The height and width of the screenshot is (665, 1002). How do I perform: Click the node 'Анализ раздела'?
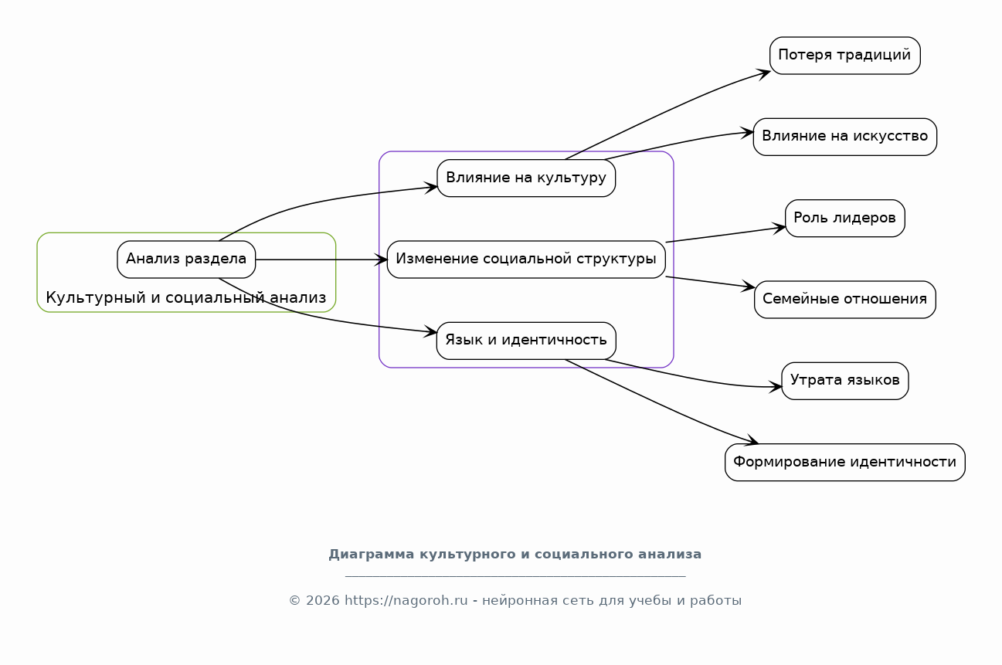pyautogui.click(x=186, y=260)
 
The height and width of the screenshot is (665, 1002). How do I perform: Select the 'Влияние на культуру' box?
pyautogui.click(x=526, y=178)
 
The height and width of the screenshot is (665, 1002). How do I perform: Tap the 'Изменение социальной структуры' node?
pyautogui.click(x=526, y=260)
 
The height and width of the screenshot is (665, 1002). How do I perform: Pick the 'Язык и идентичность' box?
pyautogui.click(x=526, y=341)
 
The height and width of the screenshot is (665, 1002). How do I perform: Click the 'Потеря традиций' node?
pyautogui.click(x=845, y=56)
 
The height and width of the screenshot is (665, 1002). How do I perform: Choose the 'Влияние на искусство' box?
pyautogui.click(x=845, y=137)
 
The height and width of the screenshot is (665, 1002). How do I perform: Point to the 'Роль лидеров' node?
pyautogui.click(x=845, y=219)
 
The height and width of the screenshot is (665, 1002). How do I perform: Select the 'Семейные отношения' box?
pyautogui.click(x=845, y=300)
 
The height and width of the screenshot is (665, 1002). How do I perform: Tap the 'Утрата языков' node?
pyautogui.click(x=845, y=381)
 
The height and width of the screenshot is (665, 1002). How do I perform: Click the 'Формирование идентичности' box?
pyautogui.click(x=845, y=463)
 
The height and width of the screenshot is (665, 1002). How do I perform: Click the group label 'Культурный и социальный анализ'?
pyautogui.click(x=186, y=297)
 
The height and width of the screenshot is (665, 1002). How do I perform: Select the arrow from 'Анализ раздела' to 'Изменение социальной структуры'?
pyautogui.click(x=321, y=260)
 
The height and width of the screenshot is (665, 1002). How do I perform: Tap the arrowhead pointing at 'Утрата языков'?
pyautogui.click(x=776, y=387)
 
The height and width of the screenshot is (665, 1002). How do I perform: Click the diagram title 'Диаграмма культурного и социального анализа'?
pyautogui.click(x=515, y=555)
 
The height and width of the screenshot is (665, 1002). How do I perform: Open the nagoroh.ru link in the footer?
pyautogui.click(x=406, y=600)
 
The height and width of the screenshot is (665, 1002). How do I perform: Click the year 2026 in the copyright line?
pyautogui.click(x=322, y=600)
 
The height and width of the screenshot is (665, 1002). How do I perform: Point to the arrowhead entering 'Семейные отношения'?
pyautogui.click(x=749, y=287)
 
